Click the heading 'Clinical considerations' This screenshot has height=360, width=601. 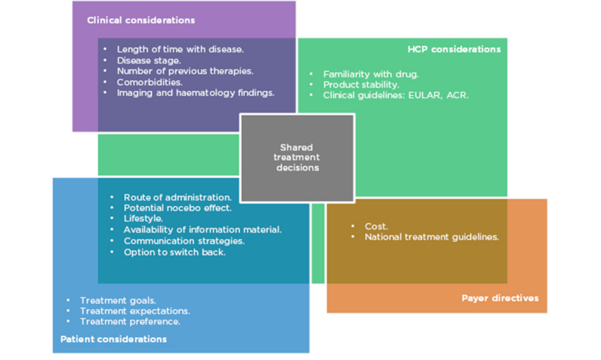click(x=141, y=20)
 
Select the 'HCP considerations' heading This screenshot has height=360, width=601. click(x=454, y=49)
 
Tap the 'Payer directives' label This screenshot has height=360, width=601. click(x=500, y=298)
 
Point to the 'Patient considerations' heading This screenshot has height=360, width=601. click(x=113, y=339)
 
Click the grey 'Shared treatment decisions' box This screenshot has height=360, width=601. click(x=297, y=157)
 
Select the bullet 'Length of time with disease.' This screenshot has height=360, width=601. click(x=180, y=49)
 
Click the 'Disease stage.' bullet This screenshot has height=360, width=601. click(x=149, y=60)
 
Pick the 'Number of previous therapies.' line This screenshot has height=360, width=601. click(x=185, y=71)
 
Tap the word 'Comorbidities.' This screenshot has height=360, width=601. click(x=150, y=82)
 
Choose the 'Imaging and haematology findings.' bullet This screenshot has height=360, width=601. click(x=195, y=93)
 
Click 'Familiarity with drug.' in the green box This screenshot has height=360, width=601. click(x=371, y=74)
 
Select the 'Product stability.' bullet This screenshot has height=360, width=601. click(x=361, y=84)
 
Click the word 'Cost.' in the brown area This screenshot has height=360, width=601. click(x=376, y=226)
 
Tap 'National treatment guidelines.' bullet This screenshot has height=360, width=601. click(x=432, y=237)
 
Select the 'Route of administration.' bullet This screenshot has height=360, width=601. click(x=178, y=198)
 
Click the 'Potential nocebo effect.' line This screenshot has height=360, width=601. click(x=178, y=208)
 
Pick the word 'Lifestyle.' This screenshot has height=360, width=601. click(x=143, y=219)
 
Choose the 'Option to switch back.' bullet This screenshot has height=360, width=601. click(x=175, y=252)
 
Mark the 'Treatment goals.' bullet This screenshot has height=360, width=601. click(x=118, y=301)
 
